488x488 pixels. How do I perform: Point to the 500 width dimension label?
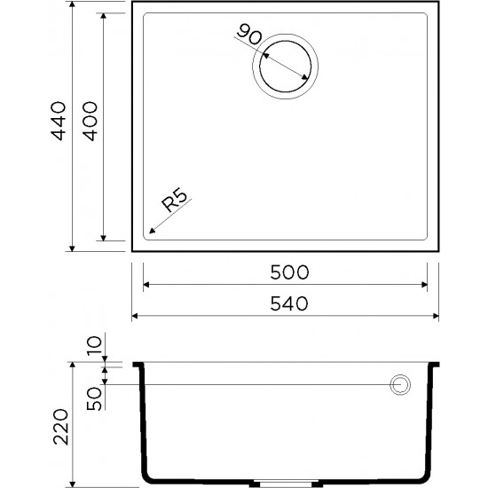coord(286,272)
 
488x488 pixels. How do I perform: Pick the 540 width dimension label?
coord(286,303)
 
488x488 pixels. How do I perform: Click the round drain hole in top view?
coord(284,65)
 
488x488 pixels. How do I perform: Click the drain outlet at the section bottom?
coord(284,484)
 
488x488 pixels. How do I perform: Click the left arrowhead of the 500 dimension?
coord(146,286)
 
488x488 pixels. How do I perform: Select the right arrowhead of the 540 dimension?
coord(438,316)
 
